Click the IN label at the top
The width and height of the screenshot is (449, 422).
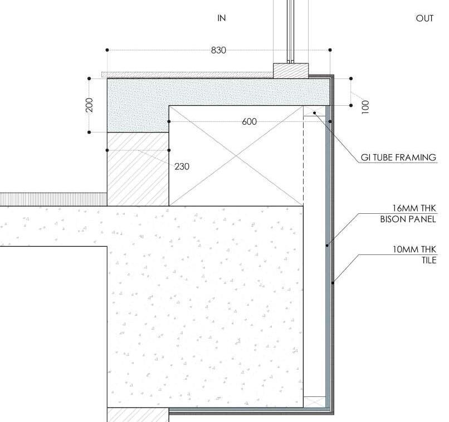coord(222,18)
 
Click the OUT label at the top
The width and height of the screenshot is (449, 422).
coord(424,18)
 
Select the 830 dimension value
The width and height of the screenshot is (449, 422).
coord(218,50)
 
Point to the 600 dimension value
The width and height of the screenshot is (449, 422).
coord(250,121)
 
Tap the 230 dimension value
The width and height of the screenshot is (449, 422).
coord(182,166)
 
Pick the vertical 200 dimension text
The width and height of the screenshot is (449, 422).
coord(89,105)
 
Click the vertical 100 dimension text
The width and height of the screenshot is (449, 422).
coord(365,107)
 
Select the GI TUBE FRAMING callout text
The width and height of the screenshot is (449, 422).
coord(398,158)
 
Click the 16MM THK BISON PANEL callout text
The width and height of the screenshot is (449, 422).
coord(408,214)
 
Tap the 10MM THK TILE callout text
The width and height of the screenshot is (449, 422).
coord(414,255)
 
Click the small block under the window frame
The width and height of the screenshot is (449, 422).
coord(290,71)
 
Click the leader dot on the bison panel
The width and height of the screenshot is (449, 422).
coord(327,244)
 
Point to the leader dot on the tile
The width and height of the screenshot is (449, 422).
coord(333,283)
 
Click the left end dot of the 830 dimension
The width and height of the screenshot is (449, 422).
coord(107,50)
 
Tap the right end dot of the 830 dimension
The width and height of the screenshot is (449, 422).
coord(330,50)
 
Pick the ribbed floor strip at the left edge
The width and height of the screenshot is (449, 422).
coord(53,199)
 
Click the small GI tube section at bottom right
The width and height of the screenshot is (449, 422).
coord(314,402)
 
